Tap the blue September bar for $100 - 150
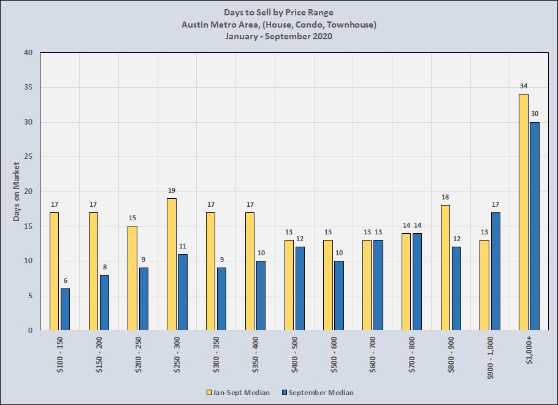click(65, 309)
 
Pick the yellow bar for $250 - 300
click(172, 264)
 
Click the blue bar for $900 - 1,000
click(495, 271)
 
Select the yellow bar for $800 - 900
click(445, 268)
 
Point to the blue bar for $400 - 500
click(300, 288)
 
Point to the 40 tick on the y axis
click(28, 53)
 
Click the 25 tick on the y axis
click(28, 157)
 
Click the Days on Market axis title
click(17, 191)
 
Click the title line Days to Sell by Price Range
click(279, 12)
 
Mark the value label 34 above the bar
click(523, 86)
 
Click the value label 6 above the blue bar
click(65, 280)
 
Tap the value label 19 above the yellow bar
click(172, 190)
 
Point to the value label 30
click(534, 114)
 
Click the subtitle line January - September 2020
click(279, 36)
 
